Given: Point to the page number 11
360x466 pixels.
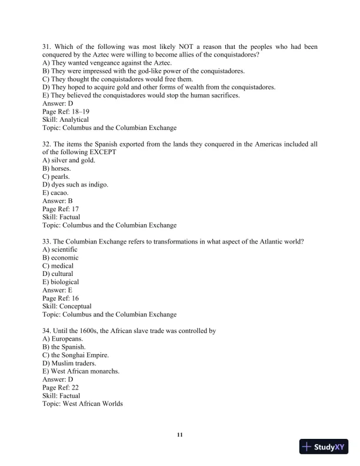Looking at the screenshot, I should coord(180,435).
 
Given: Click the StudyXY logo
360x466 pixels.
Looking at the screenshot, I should coord(323,447).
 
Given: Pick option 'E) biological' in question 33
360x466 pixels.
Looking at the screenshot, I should coord(61,282).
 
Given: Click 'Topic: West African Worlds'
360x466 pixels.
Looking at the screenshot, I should coord(83,404).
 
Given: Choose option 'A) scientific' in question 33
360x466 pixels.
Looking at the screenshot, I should coord(60,249).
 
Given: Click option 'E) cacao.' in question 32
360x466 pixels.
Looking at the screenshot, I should coord(55,192).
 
